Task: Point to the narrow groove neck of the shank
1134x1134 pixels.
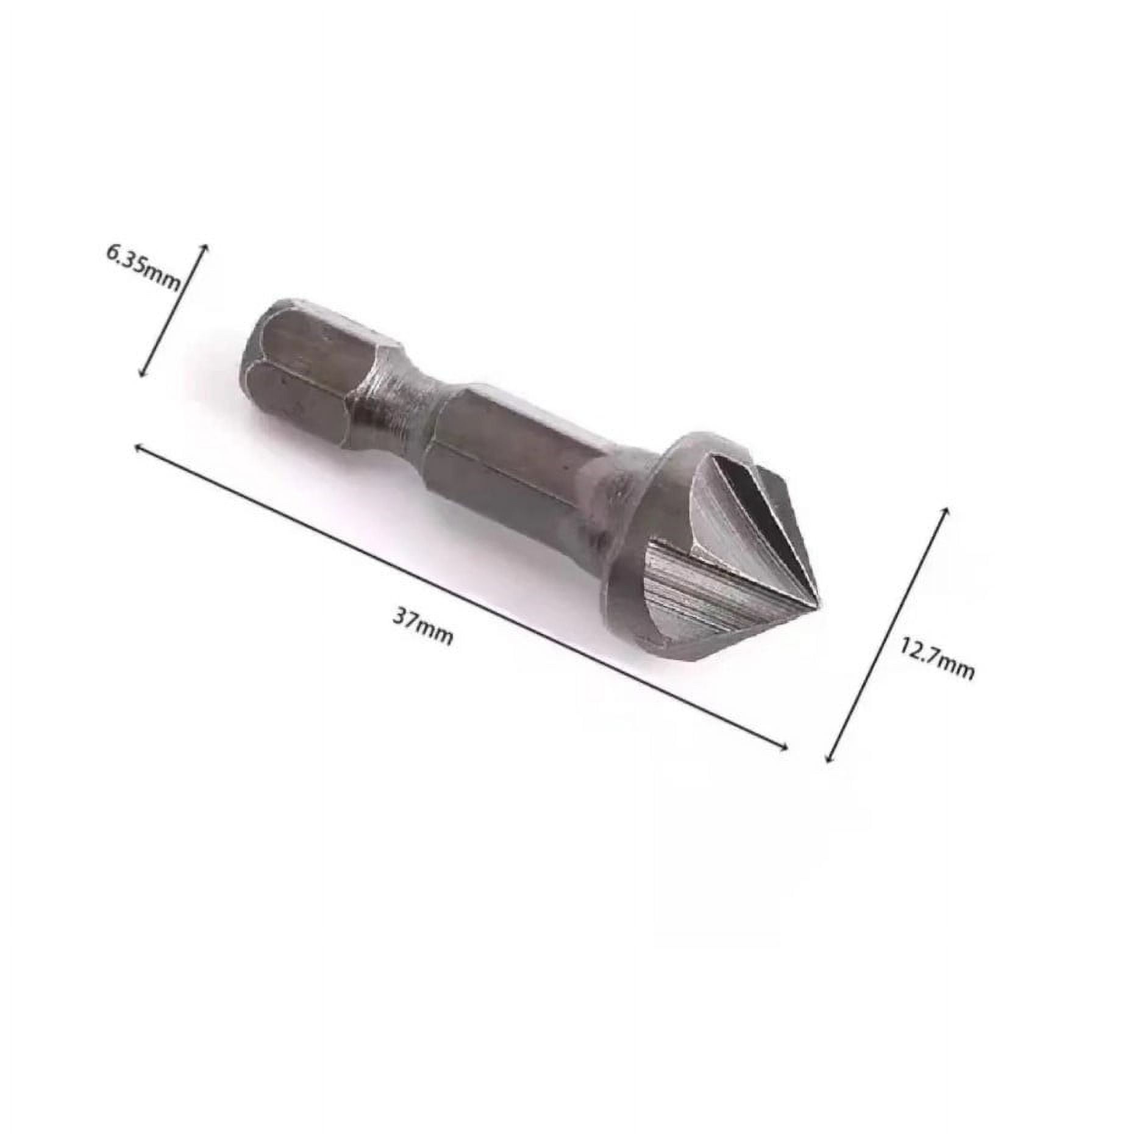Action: [x=405, y=399]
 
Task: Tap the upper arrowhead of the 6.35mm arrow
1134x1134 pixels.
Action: [x=205, y=246]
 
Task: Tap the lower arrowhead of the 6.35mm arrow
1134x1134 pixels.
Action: [x=142, y=376]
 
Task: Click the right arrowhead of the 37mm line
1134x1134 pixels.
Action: [x=786, y=747]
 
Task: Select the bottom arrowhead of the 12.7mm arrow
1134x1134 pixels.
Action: [x=827, y=760]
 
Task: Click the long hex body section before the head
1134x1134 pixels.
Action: [x=512, y=463]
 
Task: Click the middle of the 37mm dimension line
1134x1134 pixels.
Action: [x=461, y=597]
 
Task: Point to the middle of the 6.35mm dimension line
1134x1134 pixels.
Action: [x=174, y=311]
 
